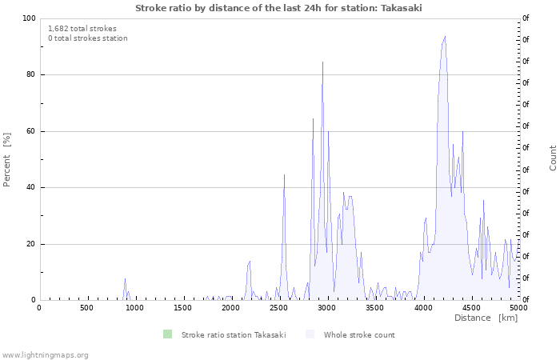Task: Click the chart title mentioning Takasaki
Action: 278,8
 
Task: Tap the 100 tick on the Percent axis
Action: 29,18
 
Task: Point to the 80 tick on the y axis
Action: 30,75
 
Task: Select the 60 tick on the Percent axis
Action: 30,131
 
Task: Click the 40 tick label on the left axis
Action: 30,188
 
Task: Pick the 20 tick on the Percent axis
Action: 30,244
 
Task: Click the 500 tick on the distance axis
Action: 86,308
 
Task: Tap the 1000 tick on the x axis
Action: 134,308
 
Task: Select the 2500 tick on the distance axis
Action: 278,308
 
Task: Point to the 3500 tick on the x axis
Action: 374,308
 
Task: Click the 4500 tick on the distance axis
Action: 470,308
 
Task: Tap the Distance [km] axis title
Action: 486,318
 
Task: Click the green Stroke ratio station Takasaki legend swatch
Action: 166,334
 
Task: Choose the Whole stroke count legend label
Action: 359,334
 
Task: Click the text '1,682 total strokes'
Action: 82,29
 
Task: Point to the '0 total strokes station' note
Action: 88,38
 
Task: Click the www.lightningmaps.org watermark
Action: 46,354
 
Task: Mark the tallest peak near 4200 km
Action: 445,36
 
